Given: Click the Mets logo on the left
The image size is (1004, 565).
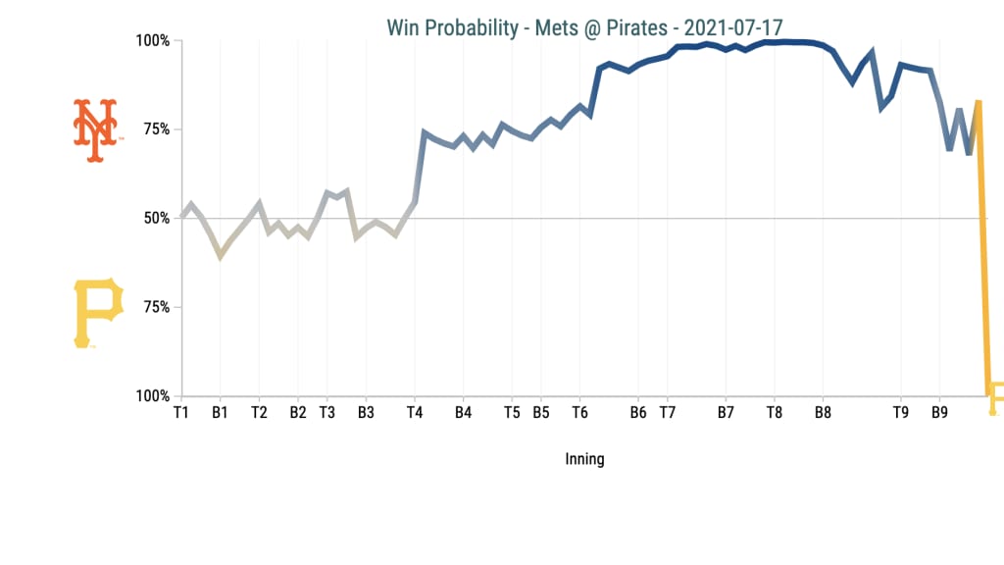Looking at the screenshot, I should point(95,129).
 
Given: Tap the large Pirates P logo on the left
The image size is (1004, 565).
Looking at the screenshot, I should point(98,312).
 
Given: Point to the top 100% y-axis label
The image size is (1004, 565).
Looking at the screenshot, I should point(152,41).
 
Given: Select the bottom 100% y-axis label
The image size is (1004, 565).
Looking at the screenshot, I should point(152,396).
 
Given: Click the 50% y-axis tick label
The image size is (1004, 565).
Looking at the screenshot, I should point(156,219).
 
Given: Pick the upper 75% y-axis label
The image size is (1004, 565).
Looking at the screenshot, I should point(156,130).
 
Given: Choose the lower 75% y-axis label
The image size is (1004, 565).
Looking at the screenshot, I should point(156,308).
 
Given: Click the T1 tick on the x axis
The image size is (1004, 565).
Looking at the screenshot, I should point(181,413).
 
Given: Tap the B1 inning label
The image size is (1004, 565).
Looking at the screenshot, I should point(221,413).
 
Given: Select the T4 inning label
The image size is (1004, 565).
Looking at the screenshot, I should point(415,413).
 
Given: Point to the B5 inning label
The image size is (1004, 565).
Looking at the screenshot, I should point(541,413).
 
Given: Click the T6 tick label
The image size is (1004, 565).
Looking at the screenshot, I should point(580,413).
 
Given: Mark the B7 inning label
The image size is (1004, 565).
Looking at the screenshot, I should point(726,413).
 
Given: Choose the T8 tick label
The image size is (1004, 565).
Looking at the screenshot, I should point(775,413).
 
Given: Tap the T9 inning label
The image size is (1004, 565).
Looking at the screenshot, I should point(901,413).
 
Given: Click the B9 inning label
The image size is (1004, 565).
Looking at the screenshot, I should point(939,413).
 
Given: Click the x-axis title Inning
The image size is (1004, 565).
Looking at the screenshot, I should point(584,459).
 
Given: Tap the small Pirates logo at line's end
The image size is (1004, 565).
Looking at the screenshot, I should point(995,396).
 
